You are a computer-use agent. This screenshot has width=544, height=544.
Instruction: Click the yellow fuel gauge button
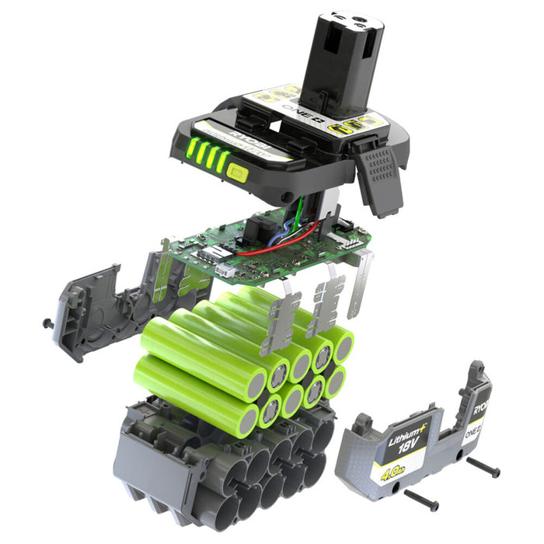[238, 173]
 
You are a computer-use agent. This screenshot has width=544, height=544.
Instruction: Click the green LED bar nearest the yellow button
[223, 161]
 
